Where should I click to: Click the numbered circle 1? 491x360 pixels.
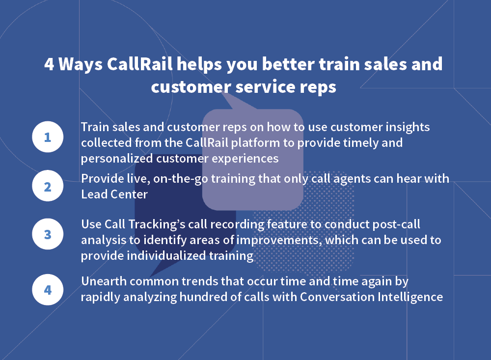coord(48,137)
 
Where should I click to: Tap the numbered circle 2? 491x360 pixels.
coord(48,186)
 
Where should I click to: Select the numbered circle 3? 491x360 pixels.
coord(48,234)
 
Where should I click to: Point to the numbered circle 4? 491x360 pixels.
coord(48,290)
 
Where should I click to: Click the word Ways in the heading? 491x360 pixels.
coord(81,64)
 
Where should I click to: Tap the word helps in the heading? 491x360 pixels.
coord(199,64)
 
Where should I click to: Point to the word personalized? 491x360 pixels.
coord(117,159)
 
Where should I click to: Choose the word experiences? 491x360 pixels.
coord(245,159)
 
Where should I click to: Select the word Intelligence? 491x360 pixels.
coord(410,297)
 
